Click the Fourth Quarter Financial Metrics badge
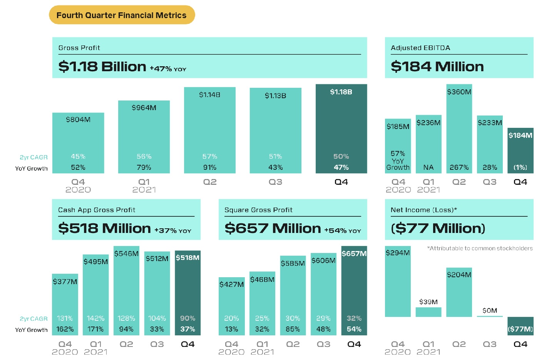coord(122,15)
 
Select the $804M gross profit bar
coord(78,142)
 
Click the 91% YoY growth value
coord(210,167)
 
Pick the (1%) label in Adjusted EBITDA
coord(520,167)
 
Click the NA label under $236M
coord(428,167)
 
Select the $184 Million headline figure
coord(437,67)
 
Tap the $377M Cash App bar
coord(65,304)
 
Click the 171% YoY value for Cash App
coord(95,329)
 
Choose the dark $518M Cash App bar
coord(187,293)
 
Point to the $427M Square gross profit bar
coord(231,306)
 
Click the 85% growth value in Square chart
coord(293,329)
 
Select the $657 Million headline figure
coord(273,228)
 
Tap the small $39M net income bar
coord(428,312)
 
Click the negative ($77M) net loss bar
coord(520,326)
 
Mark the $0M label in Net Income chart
coord(490,310)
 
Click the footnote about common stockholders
coord(480,248)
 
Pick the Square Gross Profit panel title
coord(258,210)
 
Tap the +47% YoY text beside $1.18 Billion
coord(168,69)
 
